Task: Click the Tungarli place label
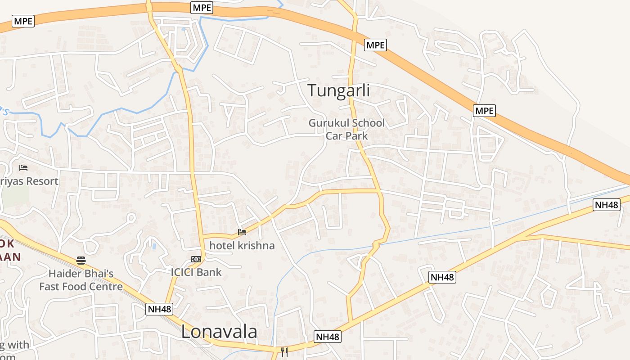pos(339,90)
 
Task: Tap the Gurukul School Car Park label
pos(346,129)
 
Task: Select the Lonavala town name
pos(219,332)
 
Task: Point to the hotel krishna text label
pos(242,246)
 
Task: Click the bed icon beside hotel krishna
pos(242,233)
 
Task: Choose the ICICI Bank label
pos(196,272)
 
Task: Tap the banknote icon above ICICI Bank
pos(196,259)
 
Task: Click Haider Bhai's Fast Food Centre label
pos(81,280)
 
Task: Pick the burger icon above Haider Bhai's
pos(81,260)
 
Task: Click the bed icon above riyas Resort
pos(23,168)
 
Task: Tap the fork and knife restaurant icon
pos(284,352)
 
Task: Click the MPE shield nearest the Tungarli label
pos(375,45)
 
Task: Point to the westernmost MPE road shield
pos(23,21)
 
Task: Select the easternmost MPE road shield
pos(484,110)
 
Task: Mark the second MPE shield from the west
pos(202,7)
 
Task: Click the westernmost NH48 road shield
pos(159,309)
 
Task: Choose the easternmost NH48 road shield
pos(607,205)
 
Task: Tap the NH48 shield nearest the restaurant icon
pos(328,337)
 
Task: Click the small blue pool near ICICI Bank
pos(154,247)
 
